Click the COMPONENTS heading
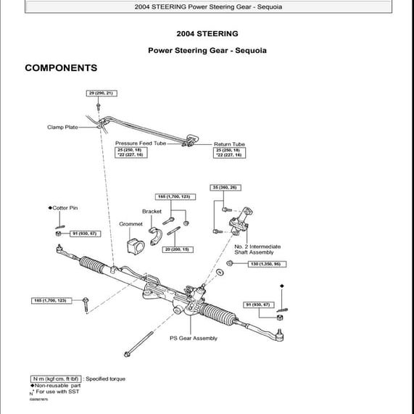[61, 68]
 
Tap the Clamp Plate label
[62, 128]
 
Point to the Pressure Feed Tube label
[140, 144]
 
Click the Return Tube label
[229, 144]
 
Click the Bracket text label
[152, 212]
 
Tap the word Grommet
[131, 224]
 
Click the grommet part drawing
[133, 243]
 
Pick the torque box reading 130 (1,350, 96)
[263, 264]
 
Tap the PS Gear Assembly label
[193, 338]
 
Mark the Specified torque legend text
[105, 379]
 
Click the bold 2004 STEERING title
[207, 33]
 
